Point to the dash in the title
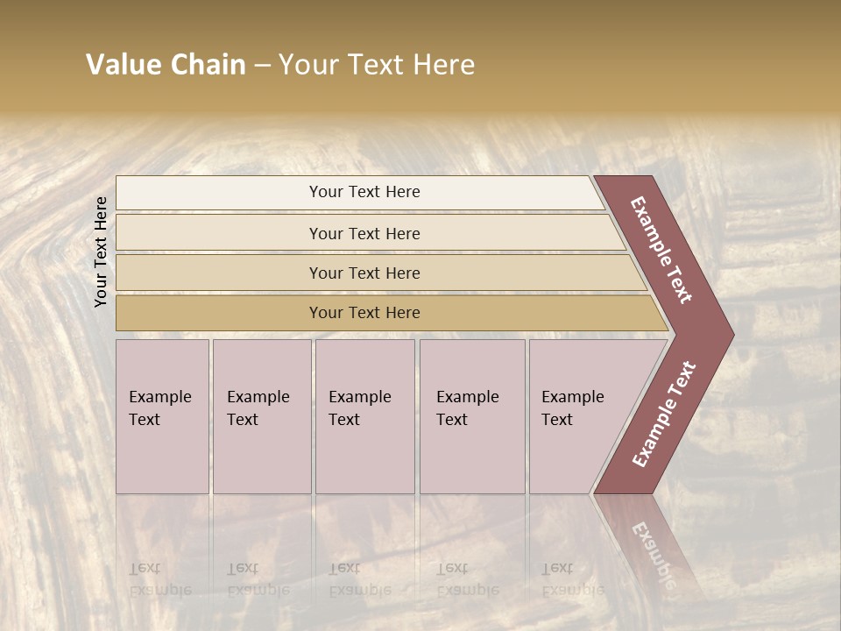pyautogui.click(x=262, y=66)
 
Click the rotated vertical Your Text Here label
pyautogui.click(x=101, y=252)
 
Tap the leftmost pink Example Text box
pyautogui.click(x=162, y=416)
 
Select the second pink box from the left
pyautogui.click(x=262, y=416)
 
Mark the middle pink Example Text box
pyautogui.click(x=364, y=416)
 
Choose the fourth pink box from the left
pyautogui.click(x=472, y=416)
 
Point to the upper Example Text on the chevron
pyautogui.click(x=661, y=250)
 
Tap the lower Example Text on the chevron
pyautogui.click(x=663, y=414)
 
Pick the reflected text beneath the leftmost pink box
pyautogui.click(x=160, y=579)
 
